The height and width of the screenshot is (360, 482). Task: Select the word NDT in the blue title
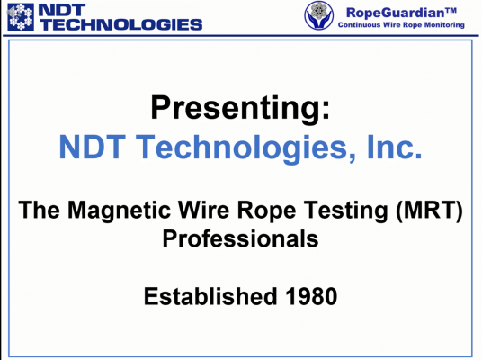(92, 147)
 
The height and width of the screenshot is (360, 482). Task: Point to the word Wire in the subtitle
(204, 210)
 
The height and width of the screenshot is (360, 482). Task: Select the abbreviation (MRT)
(429, 211)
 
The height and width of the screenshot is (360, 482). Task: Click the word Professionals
(240, 238)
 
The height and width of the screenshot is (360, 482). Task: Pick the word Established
(210, 296)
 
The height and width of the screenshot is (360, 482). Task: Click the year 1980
(311, 296)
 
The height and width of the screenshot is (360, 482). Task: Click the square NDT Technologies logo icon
(21, 17)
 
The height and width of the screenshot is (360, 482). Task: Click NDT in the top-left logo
(62, 10)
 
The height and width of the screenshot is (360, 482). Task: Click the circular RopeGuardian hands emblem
(318, 15)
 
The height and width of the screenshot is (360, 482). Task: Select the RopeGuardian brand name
(401, 13)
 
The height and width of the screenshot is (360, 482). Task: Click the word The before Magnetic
(39, 211)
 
